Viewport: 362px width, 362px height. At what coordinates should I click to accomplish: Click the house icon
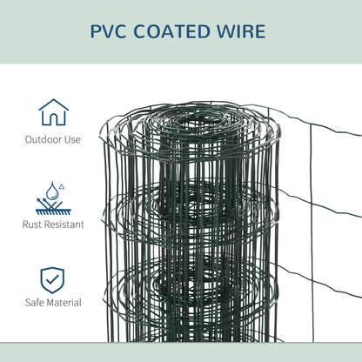point(53,114)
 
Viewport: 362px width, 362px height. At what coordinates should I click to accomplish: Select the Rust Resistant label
point(53,225)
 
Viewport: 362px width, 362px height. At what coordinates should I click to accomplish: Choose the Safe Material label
point(53,303)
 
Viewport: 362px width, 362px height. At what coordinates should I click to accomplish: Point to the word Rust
point(32,225)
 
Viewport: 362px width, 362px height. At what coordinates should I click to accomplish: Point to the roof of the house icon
point(53,105)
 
